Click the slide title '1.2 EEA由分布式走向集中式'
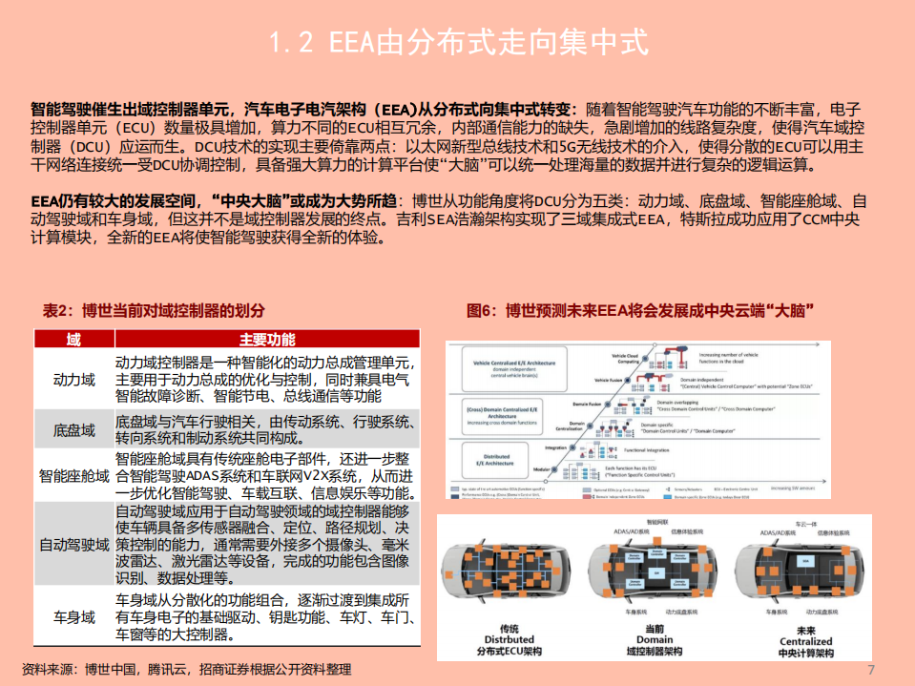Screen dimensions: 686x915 458,43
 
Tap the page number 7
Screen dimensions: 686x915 870,669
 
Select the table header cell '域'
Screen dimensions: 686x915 73,341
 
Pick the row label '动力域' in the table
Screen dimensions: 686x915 73,380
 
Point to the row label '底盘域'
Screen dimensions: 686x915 73,430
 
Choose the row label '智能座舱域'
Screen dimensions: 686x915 73,475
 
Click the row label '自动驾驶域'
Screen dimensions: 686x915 73,544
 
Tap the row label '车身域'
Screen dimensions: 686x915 73,616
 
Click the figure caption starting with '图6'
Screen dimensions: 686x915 639,311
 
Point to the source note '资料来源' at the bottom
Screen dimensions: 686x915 187,670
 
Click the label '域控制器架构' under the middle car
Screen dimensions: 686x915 655,654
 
